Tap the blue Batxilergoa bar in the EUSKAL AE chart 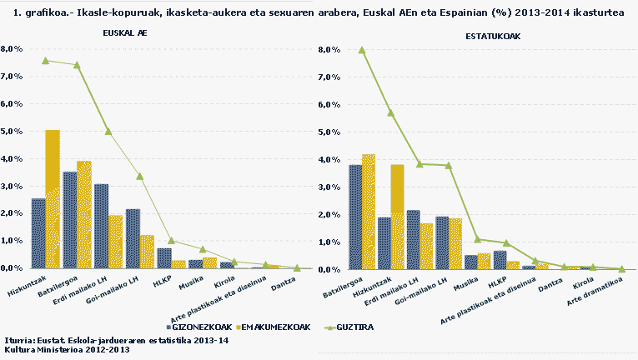(70, 220)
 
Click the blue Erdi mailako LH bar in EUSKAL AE (101, 226)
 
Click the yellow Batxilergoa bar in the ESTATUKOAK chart (369, 212)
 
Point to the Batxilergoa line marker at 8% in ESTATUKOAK (362, 50)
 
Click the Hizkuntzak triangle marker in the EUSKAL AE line (46, 61)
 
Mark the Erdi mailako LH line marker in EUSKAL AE (108, 131)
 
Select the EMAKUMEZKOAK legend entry (274, 327)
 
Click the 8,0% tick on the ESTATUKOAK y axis (329, 50)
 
